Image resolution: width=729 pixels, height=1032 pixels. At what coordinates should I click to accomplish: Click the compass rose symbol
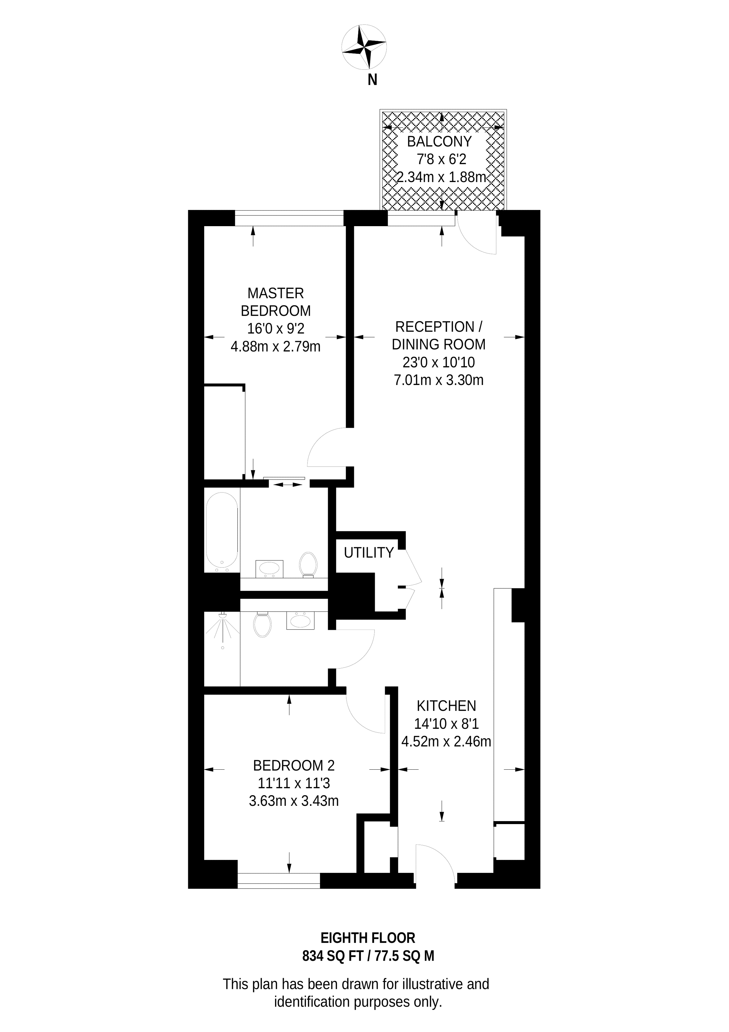tap(364, 47)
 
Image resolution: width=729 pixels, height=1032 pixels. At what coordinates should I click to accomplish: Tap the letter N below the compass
tap(372, 80)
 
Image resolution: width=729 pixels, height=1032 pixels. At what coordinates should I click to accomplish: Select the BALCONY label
tap(439, 142)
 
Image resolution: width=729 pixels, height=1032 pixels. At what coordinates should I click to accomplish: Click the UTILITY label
tap(369, 552)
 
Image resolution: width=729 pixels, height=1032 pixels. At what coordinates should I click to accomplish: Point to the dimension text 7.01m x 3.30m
tap(438, 380)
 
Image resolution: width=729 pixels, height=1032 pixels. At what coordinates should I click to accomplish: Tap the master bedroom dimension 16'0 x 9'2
tap(276, 329)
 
